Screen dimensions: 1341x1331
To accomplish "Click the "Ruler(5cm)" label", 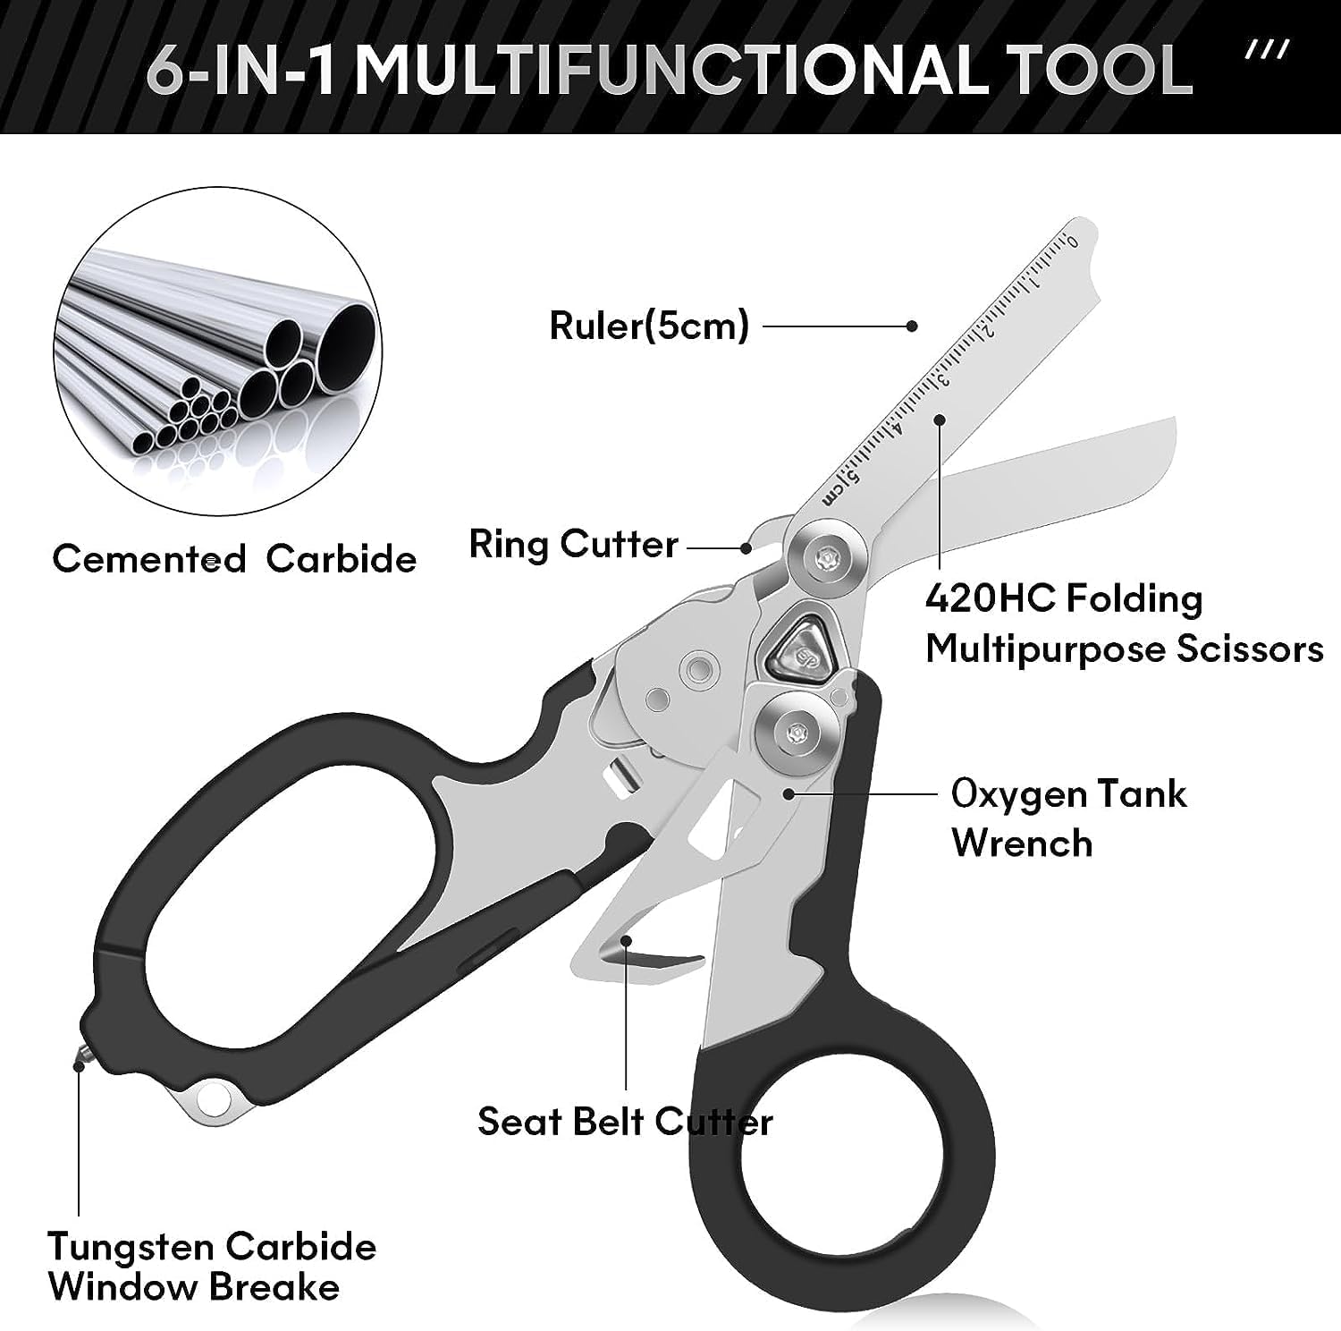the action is [x=648, y=326].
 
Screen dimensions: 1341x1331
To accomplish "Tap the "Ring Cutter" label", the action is [x=573, y=545].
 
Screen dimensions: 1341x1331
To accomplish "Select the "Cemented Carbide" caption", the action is [x=234, y=560].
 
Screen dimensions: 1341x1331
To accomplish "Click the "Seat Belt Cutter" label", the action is [x=625, y=1122].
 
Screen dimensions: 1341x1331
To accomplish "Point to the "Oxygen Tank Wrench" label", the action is [x=1068, y=818].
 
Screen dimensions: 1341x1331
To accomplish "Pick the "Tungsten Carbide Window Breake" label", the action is [x=212, y=1267].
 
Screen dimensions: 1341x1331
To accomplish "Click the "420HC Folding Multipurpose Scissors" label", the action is [x=1124, y=623].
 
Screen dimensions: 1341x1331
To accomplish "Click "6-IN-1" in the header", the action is [x=241, y=70].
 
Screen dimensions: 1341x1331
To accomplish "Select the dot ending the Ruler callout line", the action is [x=912, y=326].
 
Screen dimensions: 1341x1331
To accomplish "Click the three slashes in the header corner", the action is [x=1268, y=50].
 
